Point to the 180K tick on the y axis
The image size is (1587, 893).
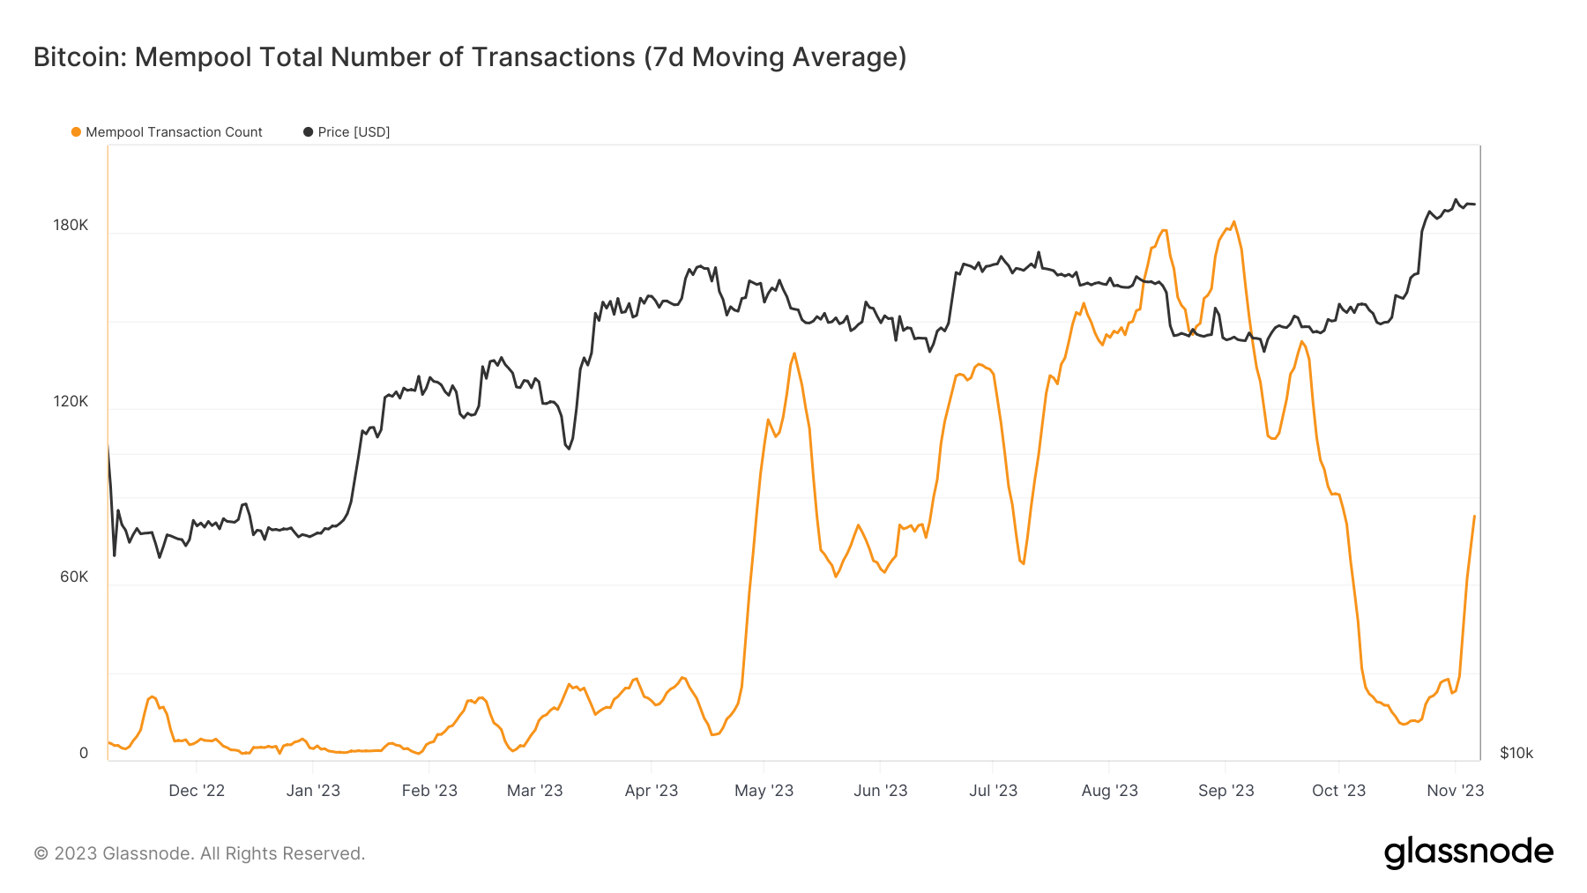click(71, 225)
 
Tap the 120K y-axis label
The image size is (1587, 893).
click(71, 401)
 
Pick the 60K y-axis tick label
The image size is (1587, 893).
click(74, 577)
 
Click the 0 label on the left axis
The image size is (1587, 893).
click(84, 753)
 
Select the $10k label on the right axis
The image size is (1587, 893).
click(1516, 753)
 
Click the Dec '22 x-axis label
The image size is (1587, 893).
click(197, 791)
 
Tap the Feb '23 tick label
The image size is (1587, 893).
click(429, 791)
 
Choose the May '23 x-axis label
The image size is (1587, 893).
click(764, 791)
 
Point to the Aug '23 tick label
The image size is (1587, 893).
click(1109, 791)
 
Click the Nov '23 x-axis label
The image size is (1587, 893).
click(1455, 791)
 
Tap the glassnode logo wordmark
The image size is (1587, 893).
click(1468, 852)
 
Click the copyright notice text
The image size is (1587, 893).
click(199, 853)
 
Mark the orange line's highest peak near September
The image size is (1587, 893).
click(1233, 221)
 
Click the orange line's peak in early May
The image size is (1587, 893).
click(794, 353)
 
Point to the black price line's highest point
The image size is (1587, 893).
click(1456, 199)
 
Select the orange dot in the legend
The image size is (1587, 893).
click(76, 132)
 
